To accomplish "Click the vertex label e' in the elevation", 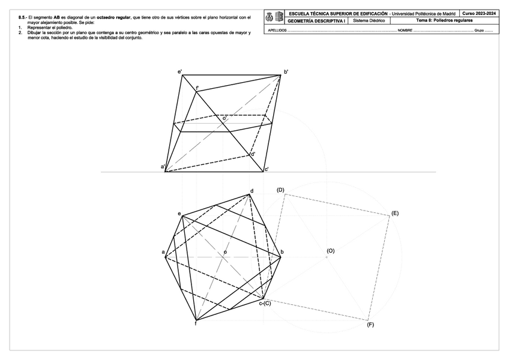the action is coord(180,73).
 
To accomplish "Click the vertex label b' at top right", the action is coord(286,72).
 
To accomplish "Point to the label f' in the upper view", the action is coord(197,88).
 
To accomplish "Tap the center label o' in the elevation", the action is coord(224,119).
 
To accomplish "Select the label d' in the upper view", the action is coord(253,154).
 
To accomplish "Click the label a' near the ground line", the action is coord(163,166).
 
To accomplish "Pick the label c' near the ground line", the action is coord(266,169).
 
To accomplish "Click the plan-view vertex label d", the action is coord(251,191).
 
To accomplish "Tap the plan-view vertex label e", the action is coord(179,214).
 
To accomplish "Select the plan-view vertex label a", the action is coord(163,252).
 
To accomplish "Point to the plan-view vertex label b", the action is coord(282,252).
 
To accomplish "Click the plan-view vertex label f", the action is coord(196,324).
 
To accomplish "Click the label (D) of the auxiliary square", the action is coord(280,190).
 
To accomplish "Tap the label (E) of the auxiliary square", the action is coord(394,213).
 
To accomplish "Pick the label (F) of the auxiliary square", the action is coord(370,324).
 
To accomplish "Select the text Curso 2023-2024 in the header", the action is coord(479,13).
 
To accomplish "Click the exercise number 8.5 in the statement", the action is coord(22,17).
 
